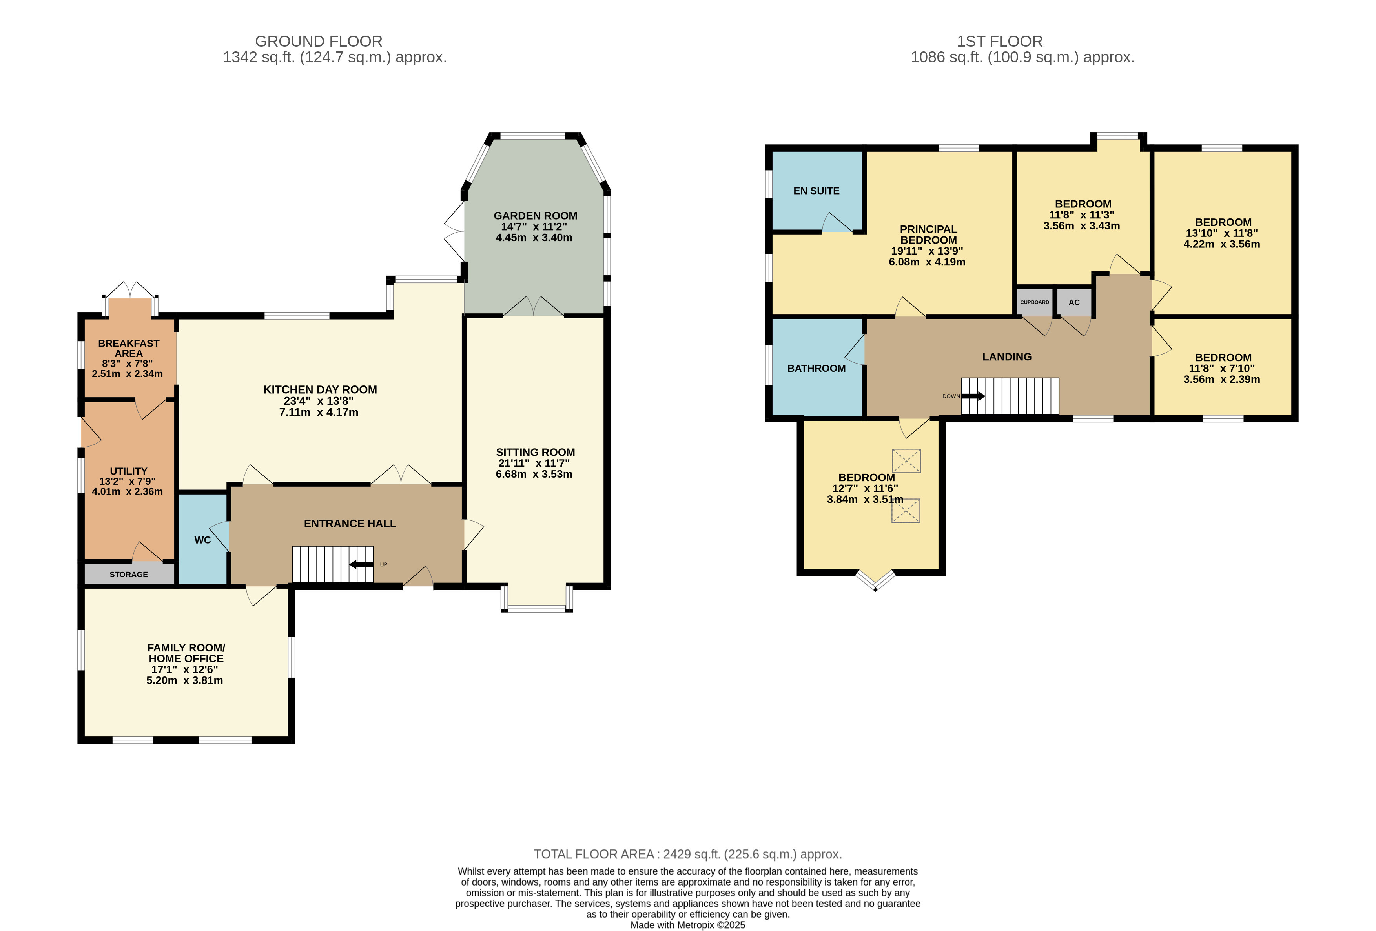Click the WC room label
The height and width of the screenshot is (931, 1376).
[x=202, y=540]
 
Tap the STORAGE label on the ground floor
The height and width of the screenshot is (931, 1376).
[x=128, y=574]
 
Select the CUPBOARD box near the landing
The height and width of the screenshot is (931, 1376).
[x=1034, y=302]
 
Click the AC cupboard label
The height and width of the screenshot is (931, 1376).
[x=1074, y=302]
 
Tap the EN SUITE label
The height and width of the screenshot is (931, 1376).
[x=816, y=191]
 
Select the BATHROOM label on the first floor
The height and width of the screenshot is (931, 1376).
[x=816, y=368]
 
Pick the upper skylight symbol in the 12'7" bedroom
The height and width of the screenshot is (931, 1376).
[x=906, y=460]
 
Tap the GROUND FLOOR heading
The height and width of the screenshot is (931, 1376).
[x=319, y=42]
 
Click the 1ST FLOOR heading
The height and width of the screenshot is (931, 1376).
[x=999, y=42]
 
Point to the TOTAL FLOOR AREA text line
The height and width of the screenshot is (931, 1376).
[x=687, y=854]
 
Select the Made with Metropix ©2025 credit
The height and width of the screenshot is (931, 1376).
[x=687, y=924]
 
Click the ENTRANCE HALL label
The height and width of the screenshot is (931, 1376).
[x=350, y=523]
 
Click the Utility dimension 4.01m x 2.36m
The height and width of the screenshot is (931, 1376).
[x=127, y=491]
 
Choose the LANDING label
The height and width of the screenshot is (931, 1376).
[x=1006, y=357]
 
